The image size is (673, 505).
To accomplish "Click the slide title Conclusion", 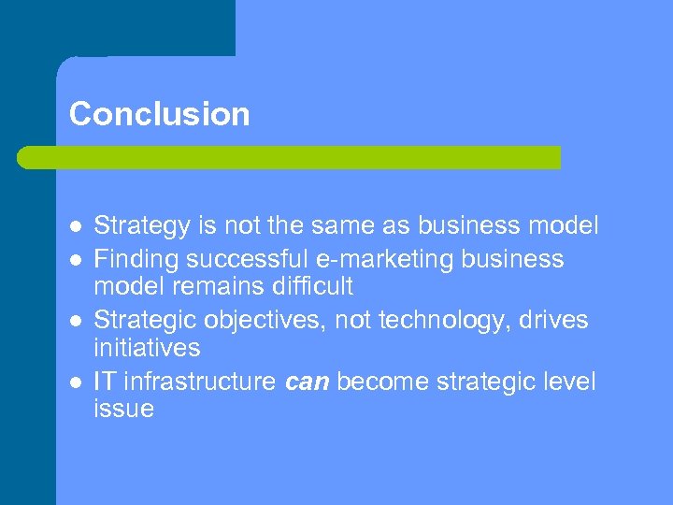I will pyautogui.click(x=159, y=114).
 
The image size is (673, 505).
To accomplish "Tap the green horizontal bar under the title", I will pyautogui.click(x=289, y=157).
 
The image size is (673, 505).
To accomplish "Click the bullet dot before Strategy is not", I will pyautogui.click(x=75, y=226).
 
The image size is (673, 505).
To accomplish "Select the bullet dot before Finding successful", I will pyautogui.click(x=75, y=259).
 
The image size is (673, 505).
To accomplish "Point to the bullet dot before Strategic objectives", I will pyautogui.click(x=75, y=321).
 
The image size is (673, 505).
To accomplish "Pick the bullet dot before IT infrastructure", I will pyautogui.click(x=75, y=382).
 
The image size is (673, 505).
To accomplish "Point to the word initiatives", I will pyautogui.click(x=147, y=348).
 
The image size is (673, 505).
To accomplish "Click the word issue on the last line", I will pyautogui.click(x=123, y=410).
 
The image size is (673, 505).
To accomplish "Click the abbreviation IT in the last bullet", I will pyautogui.click(x=105, y=382).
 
